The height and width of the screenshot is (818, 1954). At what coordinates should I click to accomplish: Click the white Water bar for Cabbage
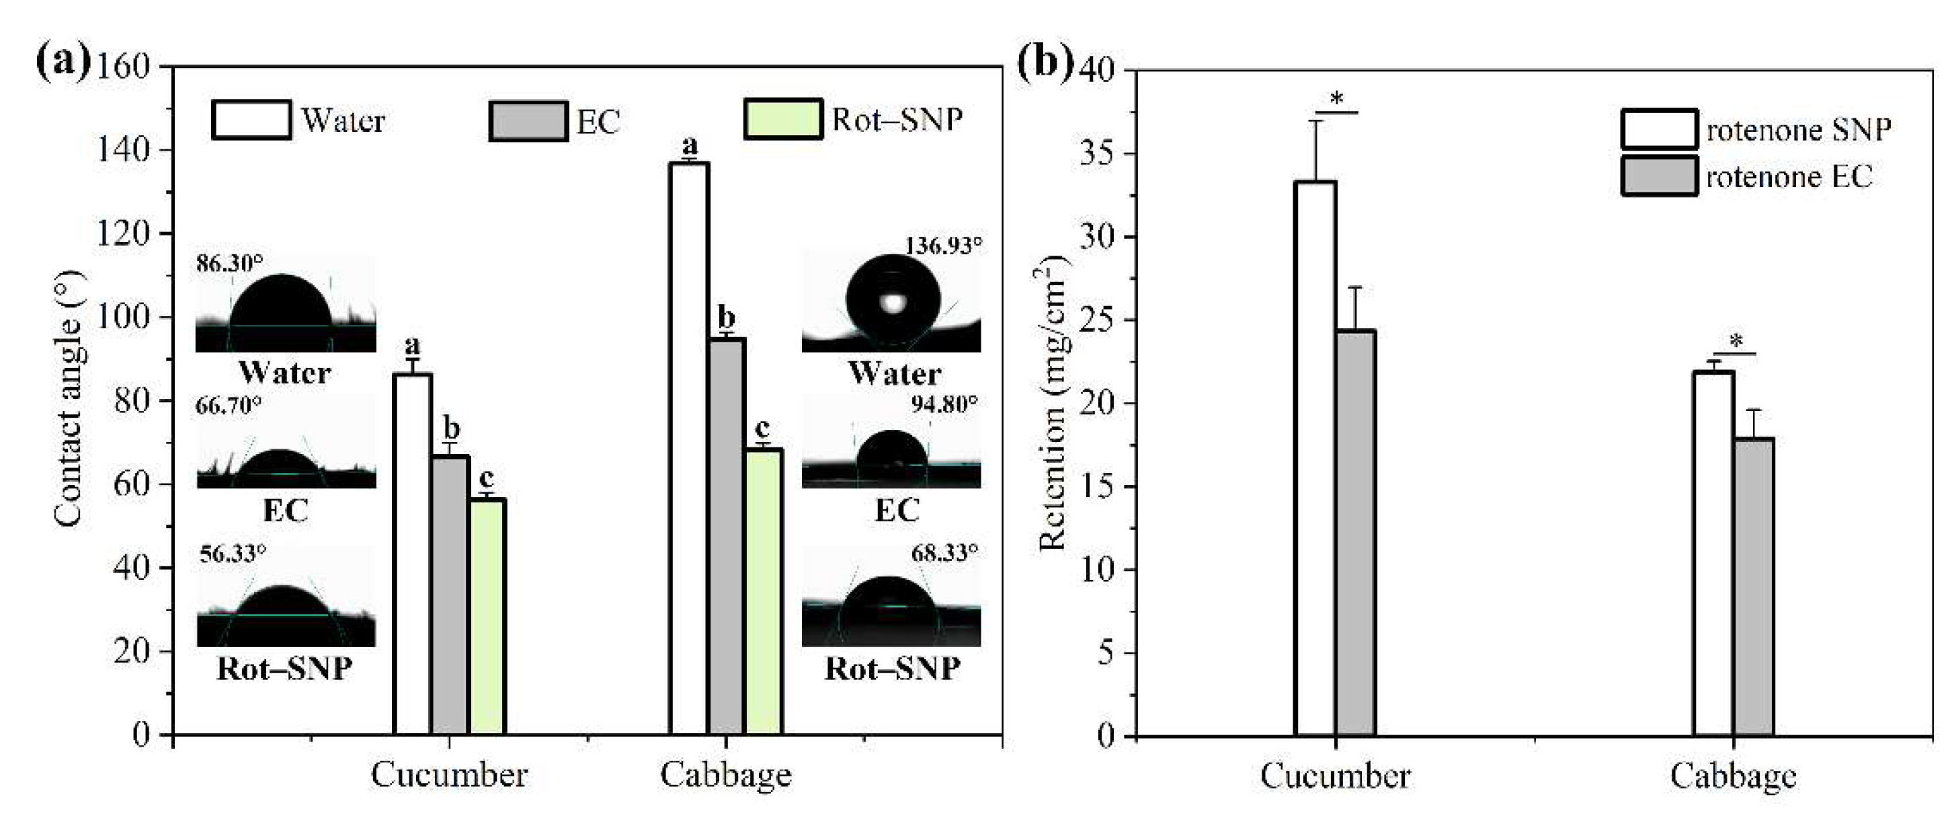689,448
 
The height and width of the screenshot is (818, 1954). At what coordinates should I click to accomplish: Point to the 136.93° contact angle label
943,246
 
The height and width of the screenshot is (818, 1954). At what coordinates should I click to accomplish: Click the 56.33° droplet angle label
233,553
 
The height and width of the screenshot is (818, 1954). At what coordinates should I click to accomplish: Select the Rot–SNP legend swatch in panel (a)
782,120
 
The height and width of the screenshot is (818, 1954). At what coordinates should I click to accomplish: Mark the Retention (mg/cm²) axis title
1053,402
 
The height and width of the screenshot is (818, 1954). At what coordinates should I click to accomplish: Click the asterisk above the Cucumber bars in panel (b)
1336,100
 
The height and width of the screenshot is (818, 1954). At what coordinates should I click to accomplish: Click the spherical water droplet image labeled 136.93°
893,302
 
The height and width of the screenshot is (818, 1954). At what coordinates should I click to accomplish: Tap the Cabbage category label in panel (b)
1734,776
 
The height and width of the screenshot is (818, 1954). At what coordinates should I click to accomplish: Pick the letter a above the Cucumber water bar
412,346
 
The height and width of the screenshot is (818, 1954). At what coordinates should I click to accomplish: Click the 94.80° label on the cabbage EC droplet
944,404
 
